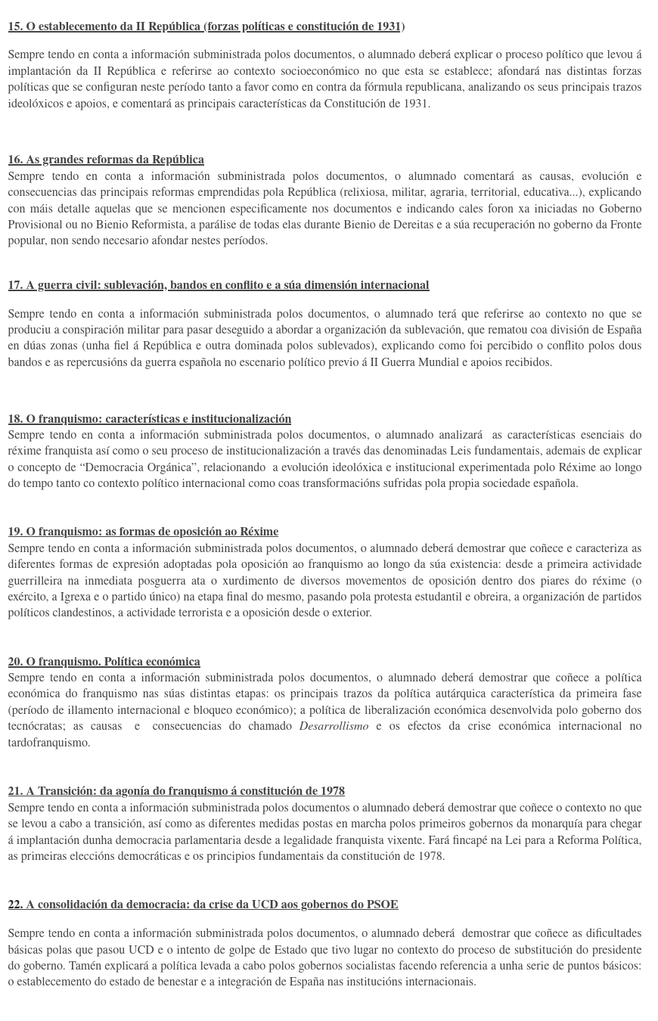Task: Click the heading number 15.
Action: point(14,26)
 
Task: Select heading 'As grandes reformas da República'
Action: point(114,160)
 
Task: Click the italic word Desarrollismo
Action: point(334,726)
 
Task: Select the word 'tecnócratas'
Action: point(36,726)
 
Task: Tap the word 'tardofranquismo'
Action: point(48,743)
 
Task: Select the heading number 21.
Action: point(14,791)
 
